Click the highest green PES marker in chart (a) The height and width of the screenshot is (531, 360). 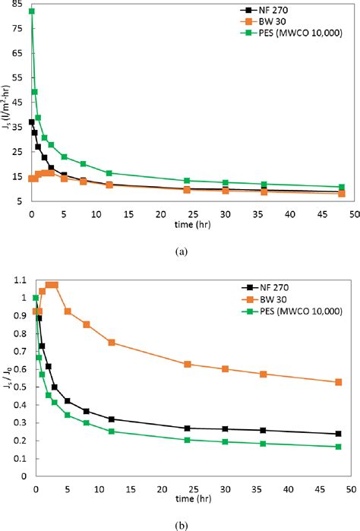click(31, 11)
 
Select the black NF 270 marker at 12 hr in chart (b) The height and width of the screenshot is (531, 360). click(112, 419)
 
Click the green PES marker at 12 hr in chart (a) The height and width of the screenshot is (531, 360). click(109, 173)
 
